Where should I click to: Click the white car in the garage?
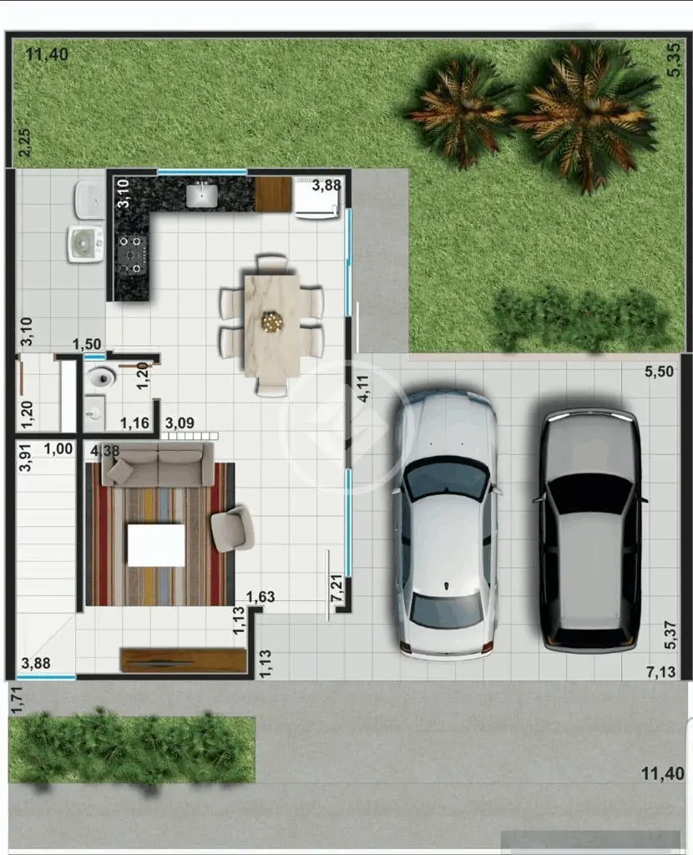point(446,523)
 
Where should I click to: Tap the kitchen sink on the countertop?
point(202,195)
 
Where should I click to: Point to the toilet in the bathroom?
point(101,377)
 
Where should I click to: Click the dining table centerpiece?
point(272,321)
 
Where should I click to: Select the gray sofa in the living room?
point(159,464)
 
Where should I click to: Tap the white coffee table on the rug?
point(156,545)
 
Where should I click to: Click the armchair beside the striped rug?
point(232,528)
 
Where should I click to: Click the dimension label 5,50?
point(659,372)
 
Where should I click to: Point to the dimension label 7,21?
point(337,588)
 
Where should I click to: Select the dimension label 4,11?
point(363,388)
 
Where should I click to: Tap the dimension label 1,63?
point(261,596)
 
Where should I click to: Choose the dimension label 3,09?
point(180,422)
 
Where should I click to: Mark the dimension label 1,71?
point(17,700)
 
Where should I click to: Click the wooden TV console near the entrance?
point(183,660)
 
